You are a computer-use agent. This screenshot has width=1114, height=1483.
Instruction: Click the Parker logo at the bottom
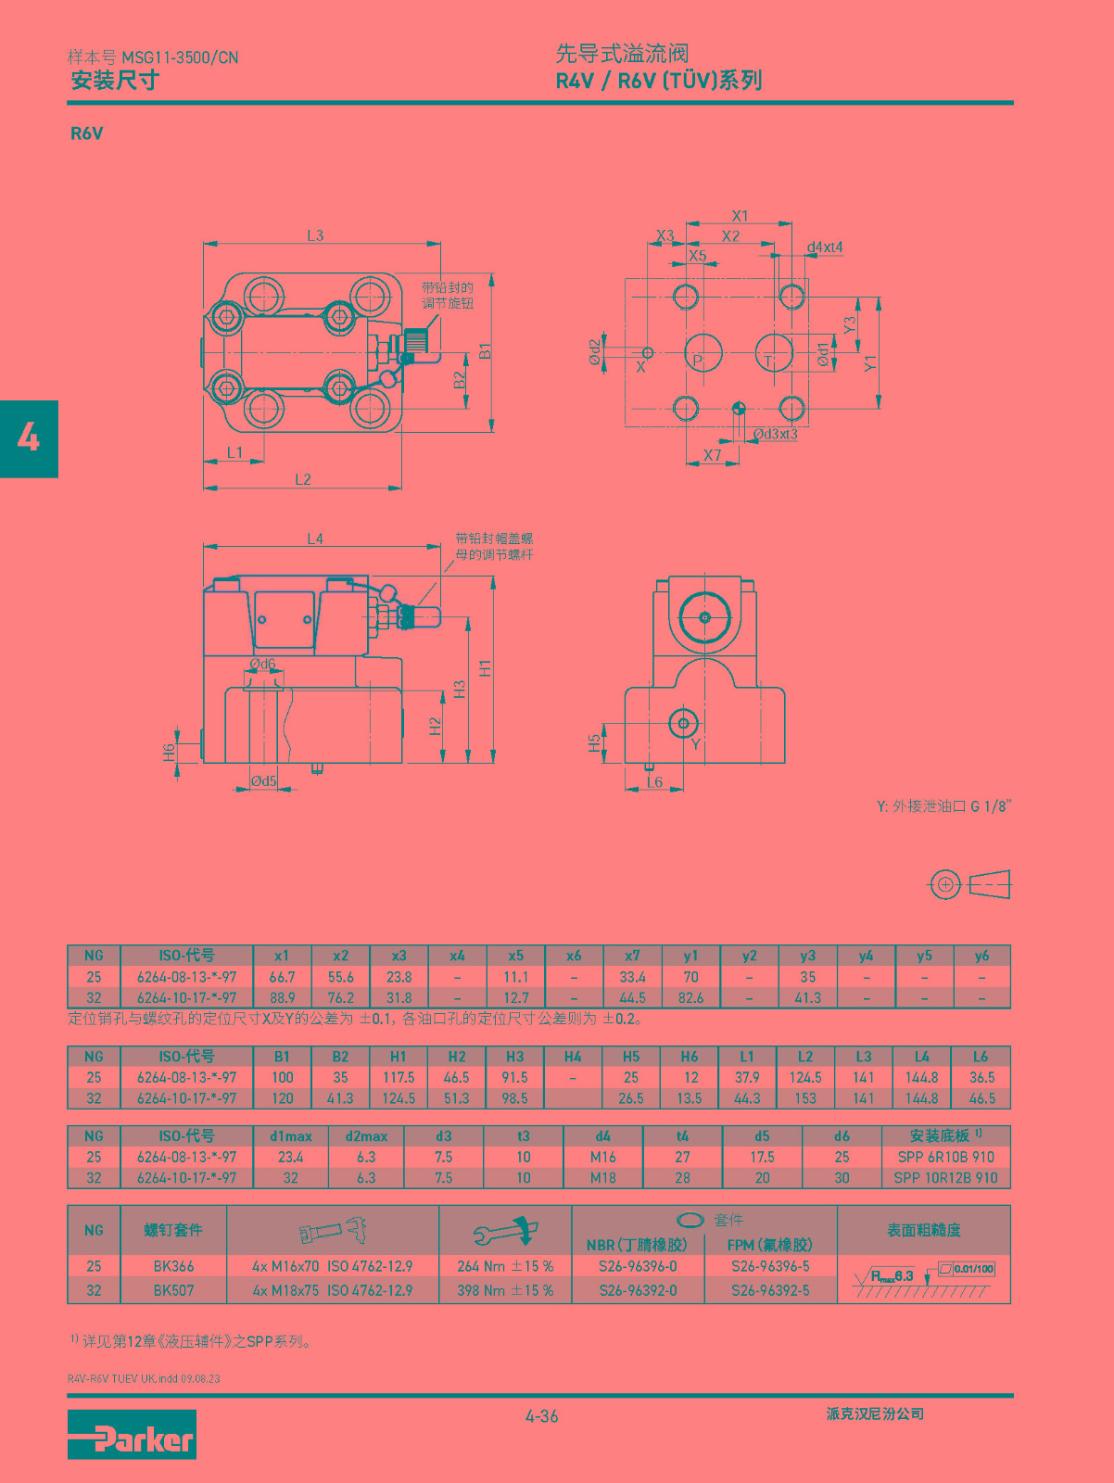[132, 1434]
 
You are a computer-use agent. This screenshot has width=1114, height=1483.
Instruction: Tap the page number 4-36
[542, 1416]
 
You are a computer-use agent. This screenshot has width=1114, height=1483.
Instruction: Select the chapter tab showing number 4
[29, 439]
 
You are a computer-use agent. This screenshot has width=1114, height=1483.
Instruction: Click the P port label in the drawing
[699, 361]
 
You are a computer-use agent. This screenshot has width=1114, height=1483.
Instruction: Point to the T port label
[768, 361]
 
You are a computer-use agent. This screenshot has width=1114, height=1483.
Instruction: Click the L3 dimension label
[315, 235]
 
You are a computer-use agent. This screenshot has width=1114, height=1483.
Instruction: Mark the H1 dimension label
[485, 668]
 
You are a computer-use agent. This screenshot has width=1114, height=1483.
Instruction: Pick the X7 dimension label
[712, 455]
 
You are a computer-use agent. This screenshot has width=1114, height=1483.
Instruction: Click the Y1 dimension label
[870, 362]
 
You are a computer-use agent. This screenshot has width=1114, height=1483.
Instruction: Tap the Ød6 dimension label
[263, 665]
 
